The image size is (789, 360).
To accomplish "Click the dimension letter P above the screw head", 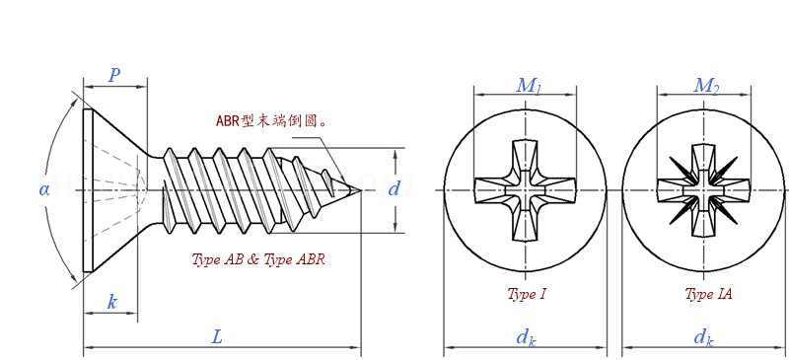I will point(114,76).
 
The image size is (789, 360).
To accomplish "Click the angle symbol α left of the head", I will point(44,188).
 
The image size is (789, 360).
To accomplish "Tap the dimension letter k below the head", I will point(111,302).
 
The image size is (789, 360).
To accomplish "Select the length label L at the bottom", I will point(217,337).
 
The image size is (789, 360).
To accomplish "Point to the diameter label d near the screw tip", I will point(394,188).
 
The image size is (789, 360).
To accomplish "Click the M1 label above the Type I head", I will point(529,86).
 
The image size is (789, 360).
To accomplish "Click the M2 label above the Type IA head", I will point(706,86).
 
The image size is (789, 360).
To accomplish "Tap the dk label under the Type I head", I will point(526,337).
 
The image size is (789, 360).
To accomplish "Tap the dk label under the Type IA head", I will point(703,337).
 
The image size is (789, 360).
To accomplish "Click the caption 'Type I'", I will point(527,294).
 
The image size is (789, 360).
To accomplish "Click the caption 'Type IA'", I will point(708,294).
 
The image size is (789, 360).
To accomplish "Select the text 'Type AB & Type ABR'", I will point(258,260).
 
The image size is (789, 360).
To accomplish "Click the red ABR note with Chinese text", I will point(271,121).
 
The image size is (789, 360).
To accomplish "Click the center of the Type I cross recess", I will point(525,190).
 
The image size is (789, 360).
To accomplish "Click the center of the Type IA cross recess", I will point(703,190).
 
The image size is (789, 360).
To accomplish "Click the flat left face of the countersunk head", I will point(88,189).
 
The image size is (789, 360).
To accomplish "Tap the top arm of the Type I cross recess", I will point(525,158).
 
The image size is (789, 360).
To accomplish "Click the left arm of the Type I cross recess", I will point(491,190).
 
